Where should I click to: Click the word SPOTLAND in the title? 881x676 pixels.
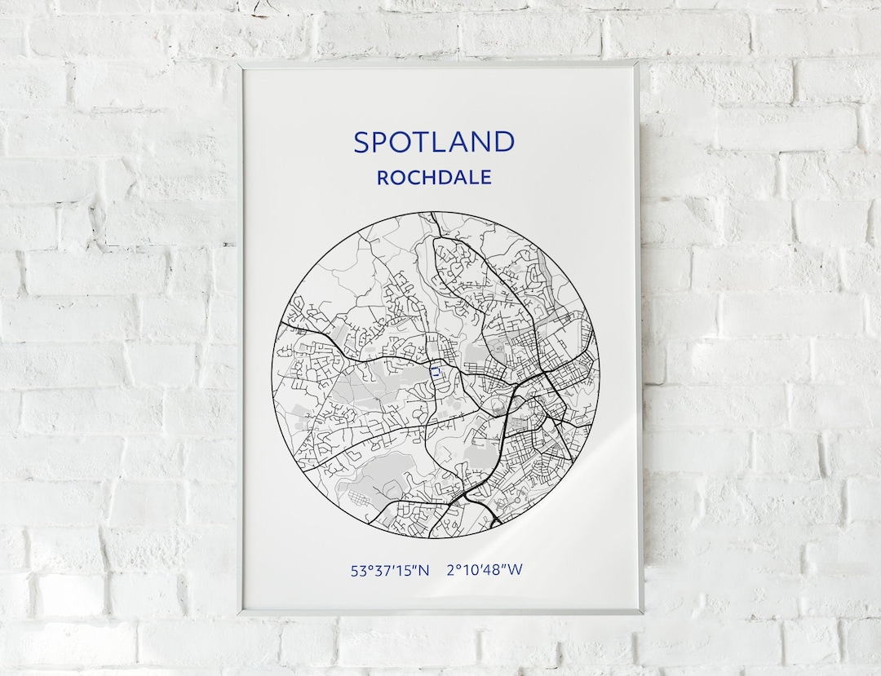click(x=434, y=142)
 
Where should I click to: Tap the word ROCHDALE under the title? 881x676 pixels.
click(x=434, y=177)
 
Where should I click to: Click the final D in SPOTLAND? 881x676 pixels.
click(x=504, y=142)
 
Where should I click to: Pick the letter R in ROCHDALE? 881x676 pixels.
click(x=383, y=177)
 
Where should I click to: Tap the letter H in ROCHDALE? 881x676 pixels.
click(x=432, y=177)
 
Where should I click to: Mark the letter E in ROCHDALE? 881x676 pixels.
click(x=485, y=177)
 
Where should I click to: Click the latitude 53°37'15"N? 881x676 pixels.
click(x=390, y=571)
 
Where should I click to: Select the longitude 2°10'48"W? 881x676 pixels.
click(x=485, y=571)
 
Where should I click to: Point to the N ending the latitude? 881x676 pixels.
click(x=423, y=571)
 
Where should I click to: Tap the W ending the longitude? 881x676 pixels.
click(x=515, y=571)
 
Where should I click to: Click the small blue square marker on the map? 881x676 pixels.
click(x=436, y=372)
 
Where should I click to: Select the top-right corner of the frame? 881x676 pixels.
click(x=637, y=63)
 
